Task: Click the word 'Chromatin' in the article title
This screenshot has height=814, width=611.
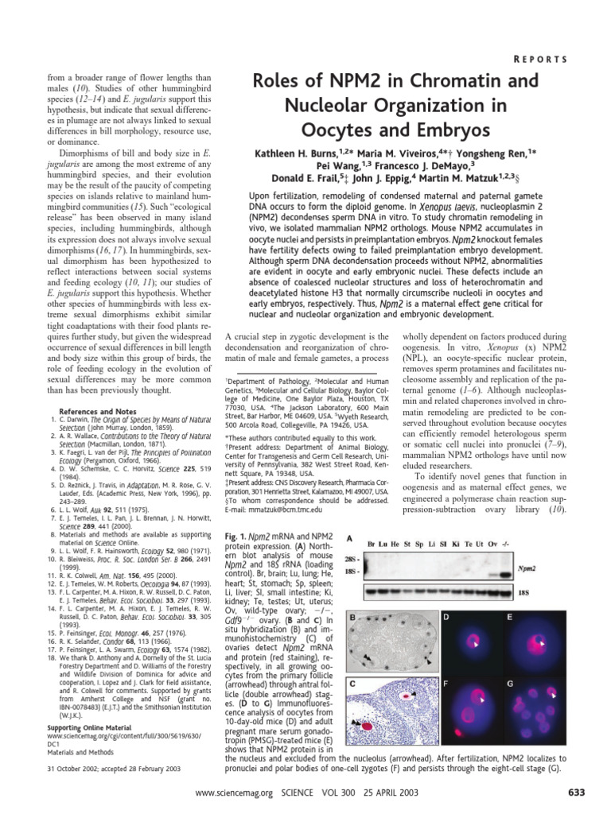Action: (464, 79)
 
